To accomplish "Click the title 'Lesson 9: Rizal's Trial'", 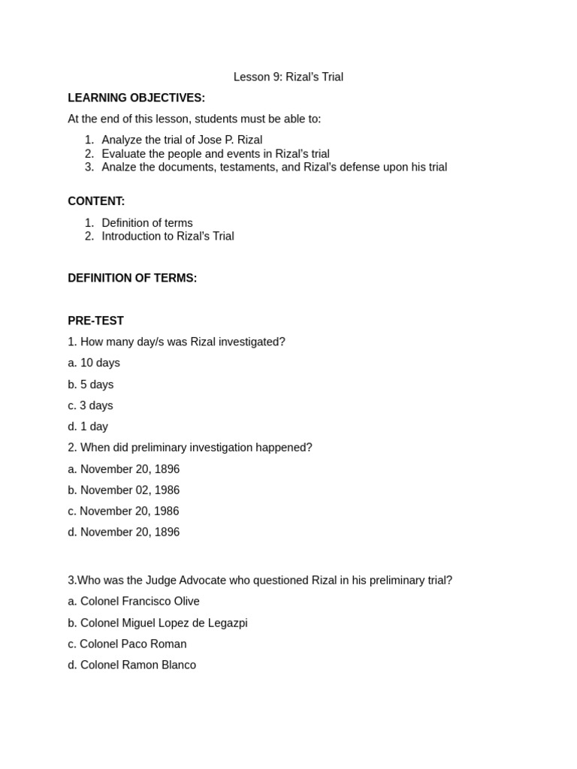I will click(288, 77).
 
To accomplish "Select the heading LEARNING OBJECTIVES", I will click(136, 98).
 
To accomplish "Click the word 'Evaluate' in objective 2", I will click(124, 153).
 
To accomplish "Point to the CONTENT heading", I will click(96, 201).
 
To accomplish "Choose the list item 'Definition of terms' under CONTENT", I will click(147, 222).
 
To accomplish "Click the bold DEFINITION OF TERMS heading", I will click(132, 278).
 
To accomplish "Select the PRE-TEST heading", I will click(95, 321).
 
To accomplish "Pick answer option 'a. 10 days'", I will click(94, 363).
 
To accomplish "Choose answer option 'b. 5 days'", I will click(91, 384).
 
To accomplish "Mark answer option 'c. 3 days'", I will click(90, 406).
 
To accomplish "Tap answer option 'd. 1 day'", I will click(88, 427).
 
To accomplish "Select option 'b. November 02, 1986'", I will click(124, 490).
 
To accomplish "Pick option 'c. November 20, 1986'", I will click(123, 511).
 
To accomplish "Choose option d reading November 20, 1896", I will click(124, 532).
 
